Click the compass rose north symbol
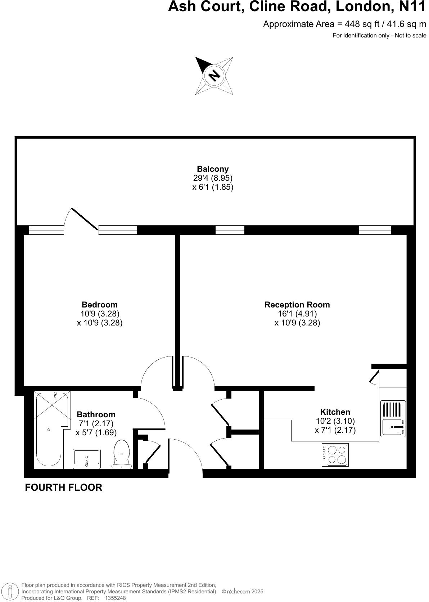(214, 76)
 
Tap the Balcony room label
(213, 169)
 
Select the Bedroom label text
(100, 305)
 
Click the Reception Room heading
(297, 305)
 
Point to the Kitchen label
(335, 412)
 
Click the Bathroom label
(96, 414)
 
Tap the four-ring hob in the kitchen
(335, 455)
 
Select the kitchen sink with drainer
(393, 418)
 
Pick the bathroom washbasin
(86, 458)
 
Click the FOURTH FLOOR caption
(63, 487)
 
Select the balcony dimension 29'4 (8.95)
(213, 178)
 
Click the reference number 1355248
(115, 598)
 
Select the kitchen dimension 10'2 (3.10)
(335, 421)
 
